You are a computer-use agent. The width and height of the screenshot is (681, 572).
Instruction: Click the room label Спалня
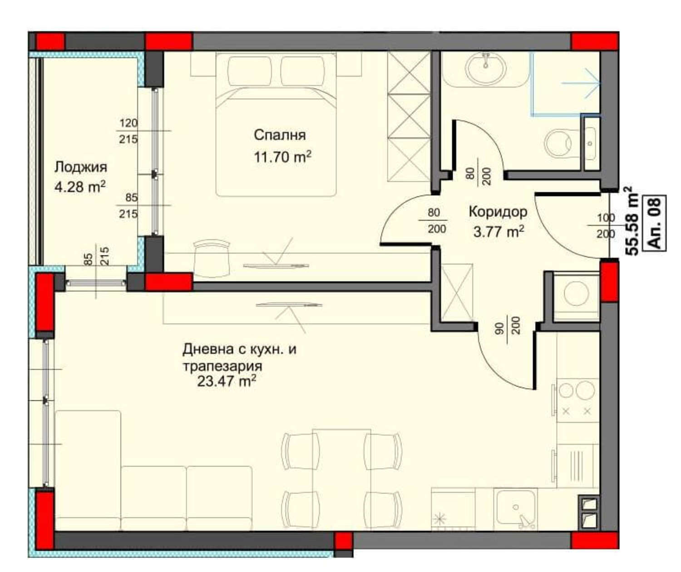[280, 135]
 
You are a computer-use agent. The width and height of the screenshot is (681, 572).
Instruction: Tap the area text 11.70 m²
[282, 157]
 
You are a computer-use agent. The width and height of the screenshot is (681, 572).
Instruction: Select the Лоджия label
[81, 167]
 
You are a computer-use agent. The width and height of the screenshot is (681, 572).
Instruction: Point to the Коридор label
[498, 212]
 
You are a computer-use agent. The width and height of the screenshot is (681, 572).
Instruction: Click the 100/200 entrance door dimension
[605, 226]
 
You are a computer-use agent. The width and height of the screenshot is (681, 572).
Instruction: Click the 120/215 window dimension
[128, 131]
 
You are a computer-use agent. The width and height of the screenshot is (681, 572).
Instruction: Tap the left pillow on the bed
[249, 70]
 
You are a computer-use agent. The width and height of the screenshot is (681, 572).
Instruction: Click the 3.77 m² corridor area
[498, 232]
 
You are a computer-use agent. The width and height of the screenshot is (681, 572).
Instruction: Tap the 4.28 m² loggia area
[80, 186]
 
